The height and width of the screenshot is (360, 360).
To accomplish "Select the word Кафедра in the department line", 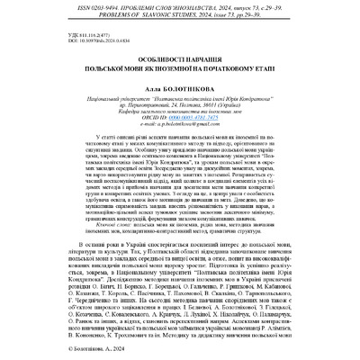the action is click(x=116, y=114).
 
